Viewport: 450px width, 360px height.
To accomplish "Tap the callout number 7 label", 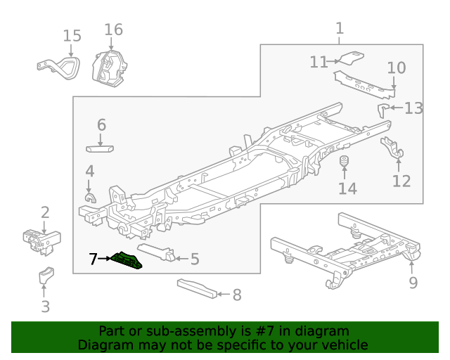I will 94,259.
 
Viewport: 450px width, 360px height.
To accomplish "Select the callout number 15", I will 72,36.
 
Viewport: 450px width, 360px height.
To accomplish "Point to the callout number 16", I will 113,30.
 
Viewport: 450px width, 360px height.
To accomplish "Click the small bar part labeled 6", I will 100,148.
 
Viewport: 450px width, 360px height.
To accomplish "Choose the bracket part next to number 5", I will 159,252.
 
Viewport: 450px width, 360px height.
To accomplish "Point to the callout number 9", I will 413,282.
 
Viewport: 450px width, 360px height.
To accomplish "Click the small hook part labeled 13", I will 383,108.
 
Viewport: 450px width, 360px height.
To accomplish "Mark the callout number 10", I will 396,68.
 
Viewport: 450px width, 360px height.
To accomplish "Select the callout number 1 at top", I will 340,28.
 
